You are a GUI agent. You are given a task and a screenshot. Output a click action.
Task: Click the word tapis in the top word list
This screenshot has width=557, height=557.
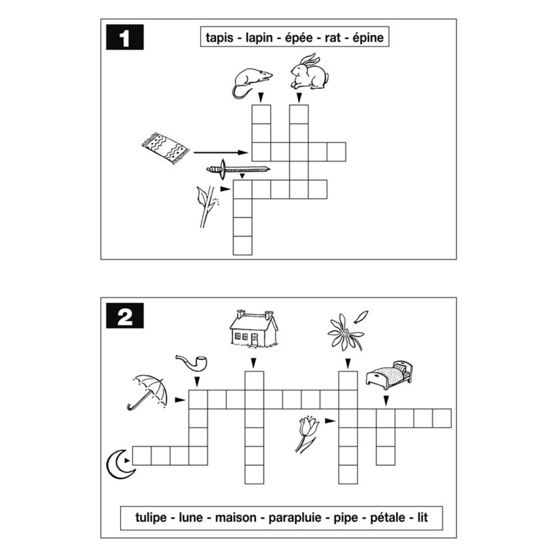click(x=219, y=38)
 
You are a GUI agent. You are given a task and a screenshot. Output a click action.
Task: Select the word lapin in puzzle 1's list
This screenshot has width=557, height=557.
click(x=259, y=38)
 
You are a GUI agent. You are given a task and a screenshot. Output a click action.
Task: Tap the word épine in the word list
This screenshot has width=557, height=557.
click(x=368, y=37)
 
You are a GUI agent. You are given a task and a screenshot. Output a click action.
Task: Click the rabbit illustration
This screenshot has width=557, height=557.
click(x=309, y=72)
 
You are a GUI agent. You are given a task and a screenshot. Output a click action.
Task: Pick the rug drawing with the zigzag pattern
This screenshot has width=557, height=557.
click(x=166, y=148)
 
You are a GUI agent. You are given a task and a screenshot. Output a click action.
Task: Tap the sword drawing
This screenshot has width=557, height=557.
click(x=238, y=170)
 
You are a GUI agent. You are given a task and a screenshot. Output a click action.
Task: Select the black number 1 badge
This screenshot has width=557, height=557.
click(x=125, y=37)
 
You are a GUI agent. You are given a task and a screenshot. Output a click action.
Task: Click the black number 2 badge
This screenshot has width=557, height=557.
click(x=125, y=316)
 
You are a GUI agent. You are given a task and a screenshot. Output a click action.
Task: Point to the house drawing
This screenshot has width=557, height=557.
click(x=254, y=329)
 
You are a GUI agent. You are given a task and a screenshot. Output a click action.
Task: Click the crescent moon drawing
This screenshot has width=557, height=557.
click(x=120, y=464)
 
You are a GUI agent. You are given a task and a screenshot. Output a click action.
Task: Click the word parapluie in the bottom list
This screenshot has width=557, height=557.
click(x=295, y=518)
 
